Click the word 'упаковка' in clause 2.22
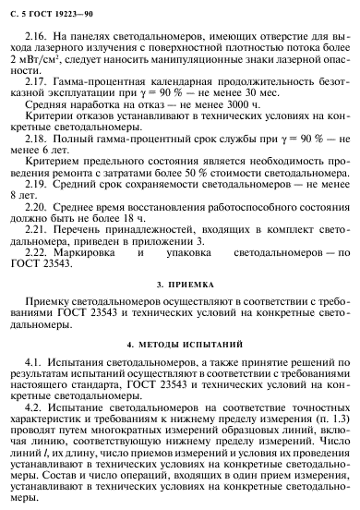186,284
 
